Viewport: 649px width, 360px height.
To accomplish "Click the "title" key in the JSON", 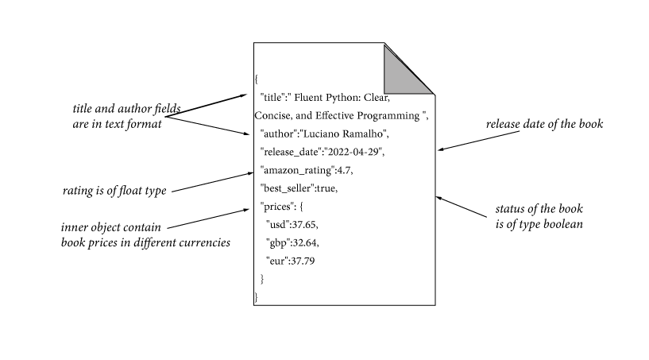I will tap(274, 98).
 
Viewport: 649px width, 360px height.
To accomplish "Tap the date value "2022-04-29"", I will tap(352, 152).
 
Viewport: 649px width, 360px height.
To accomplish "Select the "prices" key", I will tap(277, 207).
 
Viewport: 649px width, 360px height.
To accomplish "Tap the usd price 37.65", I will tap(305, 225).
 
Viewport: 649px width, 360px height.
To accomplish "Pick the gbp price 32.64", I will tap(305, 242).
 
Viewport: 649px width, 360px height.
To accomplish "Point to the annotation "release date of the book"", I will tap(544, 124).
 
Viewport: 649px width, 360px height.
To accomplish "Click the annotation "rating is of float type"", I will tap(114, 191).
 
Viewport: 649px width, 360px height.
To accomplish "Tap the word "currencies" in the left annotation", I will tap(205, 242).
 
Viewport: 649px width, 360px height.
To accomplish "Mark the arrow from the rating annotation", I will tap(211, 182).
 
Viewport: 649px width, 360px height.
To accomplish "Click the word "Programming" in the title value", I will tap(390, 115).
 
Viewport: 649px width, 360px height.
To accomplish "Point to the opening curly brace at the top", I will tap(257, 79).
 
